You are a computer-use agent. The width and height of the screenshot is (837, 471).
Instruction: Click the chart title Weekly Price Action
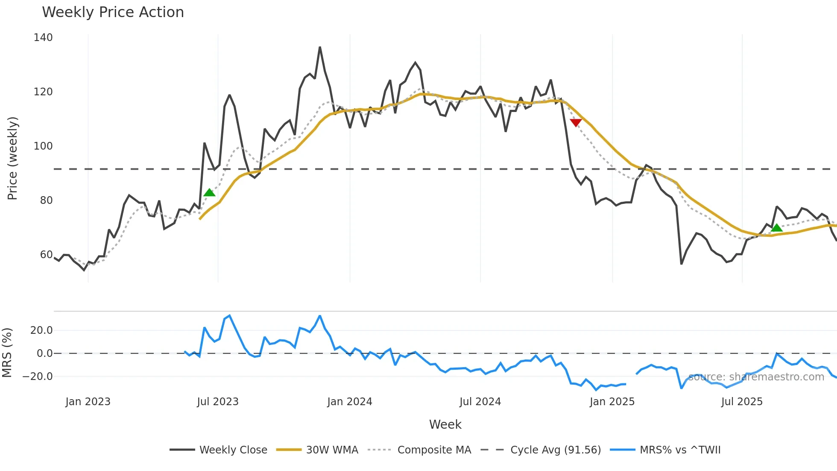point(113,12)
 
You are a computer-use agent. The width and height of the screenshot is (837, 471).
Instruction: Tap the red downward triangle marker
point(576,123)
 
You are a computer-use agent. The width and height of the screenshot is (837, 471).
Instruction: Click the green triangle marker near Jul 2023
point(209,193)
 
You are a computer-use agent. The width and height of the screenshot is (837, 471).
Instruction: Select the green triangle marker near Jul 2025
point(776,228)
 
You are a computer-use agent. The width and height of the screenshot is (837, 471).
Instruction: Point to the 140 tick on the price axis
point(43,38)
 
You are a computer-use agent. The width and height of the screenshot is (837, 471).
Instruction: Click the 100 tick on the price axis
point(43,146)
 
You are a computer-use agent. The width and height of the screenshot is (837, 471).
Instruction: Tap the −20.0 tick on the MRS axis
point(38,377)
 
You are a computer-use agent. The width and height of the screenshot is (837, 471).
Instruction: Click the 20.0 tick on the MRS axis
point(41,330)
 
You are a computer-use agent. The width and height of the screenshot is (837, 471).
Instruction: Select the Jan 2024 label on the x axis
point(349,402)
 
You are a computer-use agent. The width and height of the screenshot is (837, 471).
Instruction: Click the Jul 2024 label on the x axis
point(480,402)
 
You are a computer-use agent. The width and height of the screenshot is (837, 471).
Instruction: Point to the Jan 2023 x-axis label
point(88,402)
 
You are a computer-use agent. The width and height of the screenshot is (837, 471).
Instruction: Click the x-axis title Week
point(445,424)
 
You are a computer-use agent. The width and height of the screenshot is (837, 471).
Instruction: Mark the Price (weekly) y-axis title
point(12,158)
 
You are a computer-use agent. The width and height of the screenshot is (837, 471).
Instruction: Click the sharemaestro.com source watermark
point(756,377)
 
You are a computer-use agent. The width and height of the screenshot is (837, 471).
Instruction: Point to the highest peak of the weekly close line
point(320,47)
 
